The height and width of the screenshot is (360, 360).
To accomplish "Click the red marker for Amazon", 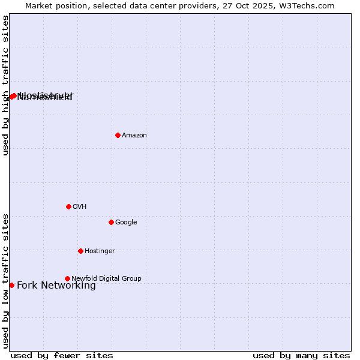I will [x=118, y=135].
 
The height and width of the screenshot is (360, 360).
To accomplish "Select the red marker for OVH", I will [x=68, y=206].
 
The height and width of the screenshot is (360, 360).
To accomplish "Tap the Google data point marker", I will [x=111, y=222].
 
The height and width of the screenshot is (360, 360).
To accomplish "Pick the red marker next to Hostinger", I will [x=80, y=251].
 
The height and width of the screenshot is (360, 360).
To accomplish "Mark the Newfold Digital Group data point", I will [x=67, y=278].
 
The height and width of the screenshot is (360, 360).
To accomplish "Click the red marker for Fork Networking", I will [x=11, y=285].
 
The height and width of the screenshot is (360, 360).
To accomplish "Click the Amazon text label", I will [x=134, y=136].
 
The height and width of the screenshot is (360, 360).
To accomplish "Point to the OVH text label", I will [x=80, y=207].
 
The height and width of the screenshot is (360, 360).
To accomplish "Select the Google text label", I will [x=126, y=223].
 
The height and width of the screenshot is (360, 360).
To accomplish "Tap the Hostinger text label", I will [x=100, y=251].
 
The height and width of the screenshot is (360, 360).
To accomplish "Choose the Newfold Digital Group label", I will [x=106, y=279].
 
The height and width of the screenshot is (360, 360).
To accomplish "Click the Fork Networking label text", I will [x=56, y=286].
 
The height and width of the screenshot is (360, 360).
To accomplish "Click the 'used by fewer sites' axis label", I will [x=62, y=355].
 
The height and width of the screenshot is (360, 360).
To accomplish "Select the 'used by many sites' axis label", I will [x=301, y=355].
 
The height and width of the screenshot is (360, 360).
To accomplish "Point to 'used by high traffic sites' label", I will [x=5, y=85].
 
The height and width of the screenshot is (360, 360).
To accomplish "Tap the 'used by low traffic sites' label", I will [x=5, y=281].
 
